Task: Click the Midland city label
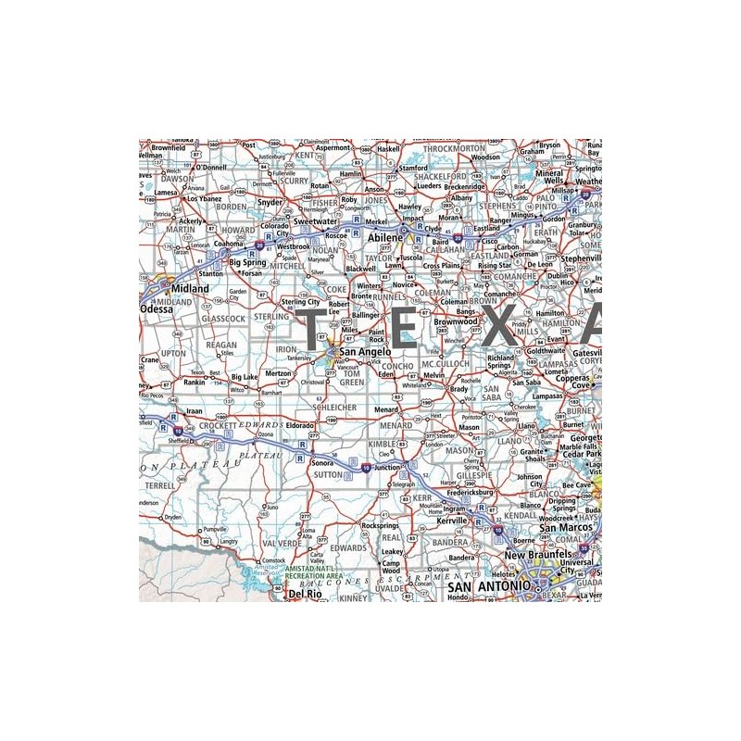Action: point(191,289)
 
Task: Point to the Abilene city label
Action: point(386,238)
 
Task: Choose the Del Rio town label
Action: point(305,594)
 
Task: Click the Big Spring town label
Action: point(248,262)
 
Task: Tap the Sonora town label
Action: point(321,461)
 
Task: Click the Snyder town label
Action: point(270,202)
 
